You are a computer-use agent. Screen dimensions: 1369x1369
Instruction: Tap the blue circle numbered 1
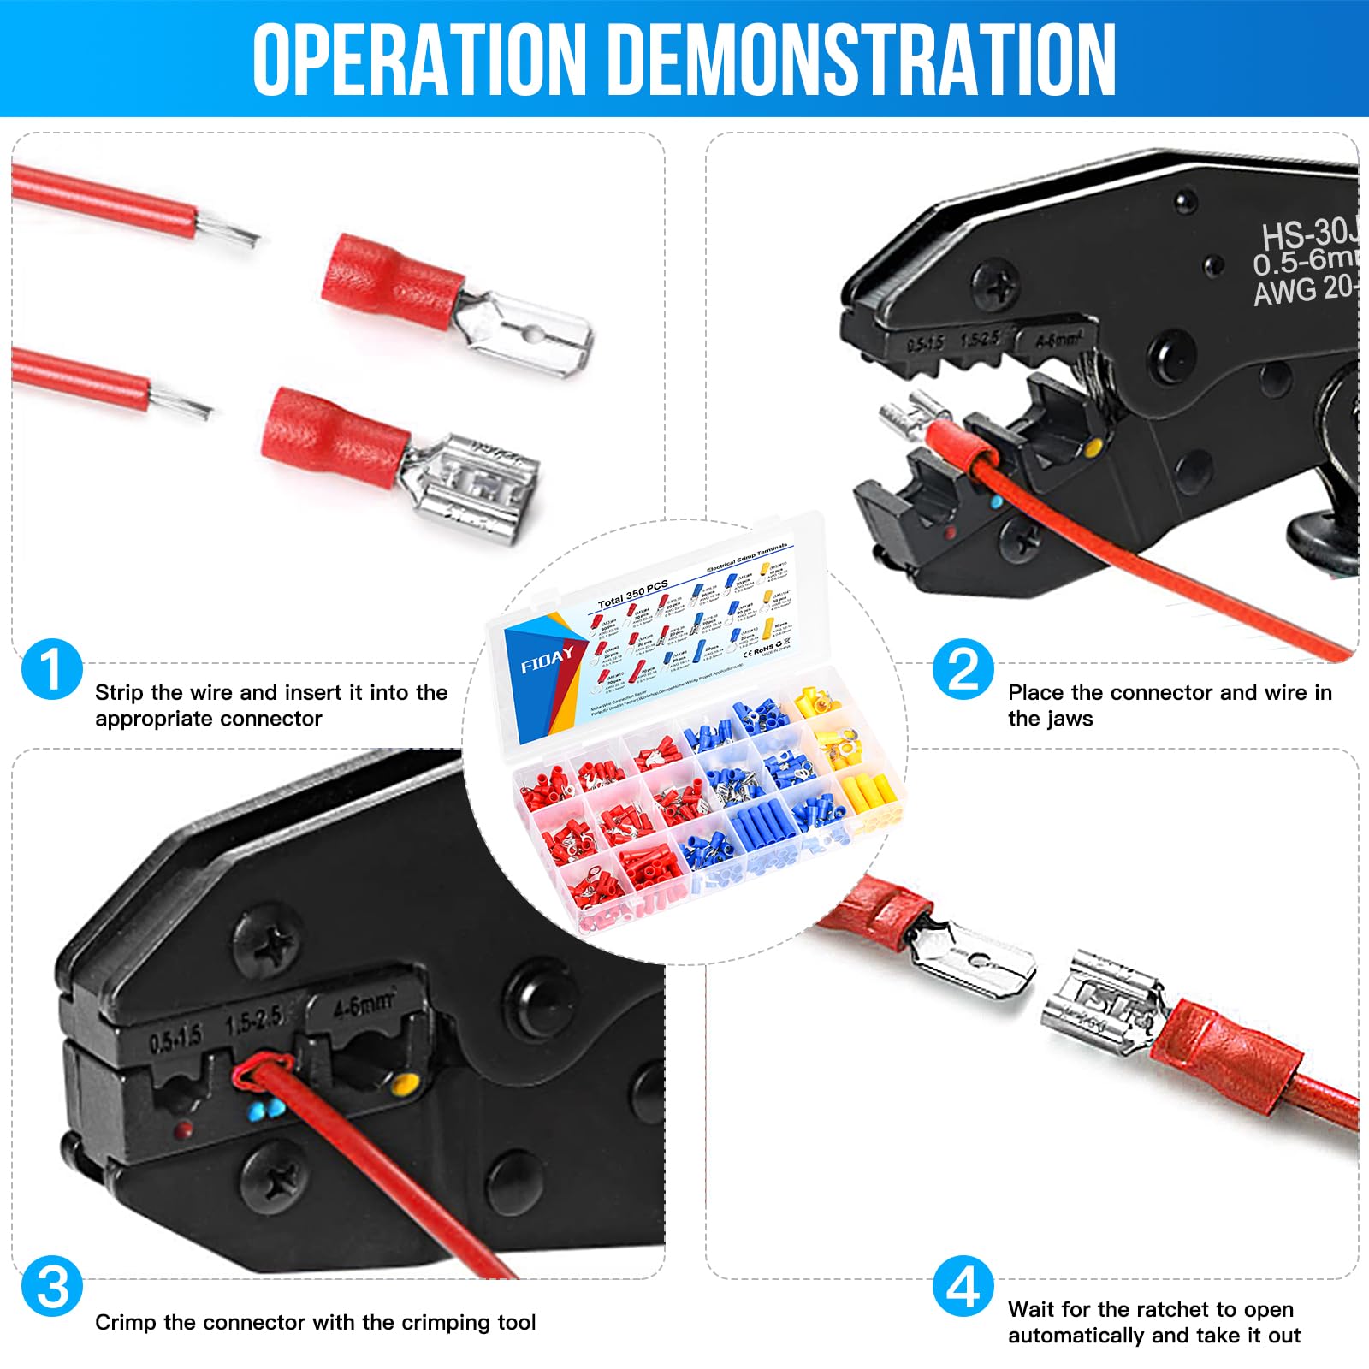point(51,669)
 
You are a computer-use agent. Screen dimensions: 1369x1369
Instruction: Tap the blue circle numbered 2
point(963,669)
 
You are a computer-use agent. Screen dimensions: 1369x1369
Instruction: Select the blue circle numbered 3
point(51,1286)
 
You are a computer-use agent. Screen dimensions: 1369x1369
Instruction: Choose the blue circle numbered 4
point(963,1286)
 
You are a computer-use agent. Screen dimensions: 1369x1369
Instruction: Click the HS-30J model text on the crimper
point(1309,233)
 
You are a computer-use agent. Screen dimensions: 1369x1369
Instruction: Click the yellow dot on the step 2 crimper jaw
point(1093,447)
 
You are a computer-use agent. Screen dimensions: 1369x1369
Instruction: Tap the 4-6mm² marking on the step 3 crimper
point(363,1004)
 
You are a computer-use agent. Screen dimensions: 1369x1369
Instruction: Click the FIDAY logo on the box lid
point(548,659)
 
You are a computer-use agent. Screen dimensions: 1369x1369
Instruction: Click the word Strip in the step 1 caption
point(120,692)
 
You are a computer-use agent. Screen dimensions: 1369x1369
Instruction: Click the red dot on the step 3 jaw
point(182,1131)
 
